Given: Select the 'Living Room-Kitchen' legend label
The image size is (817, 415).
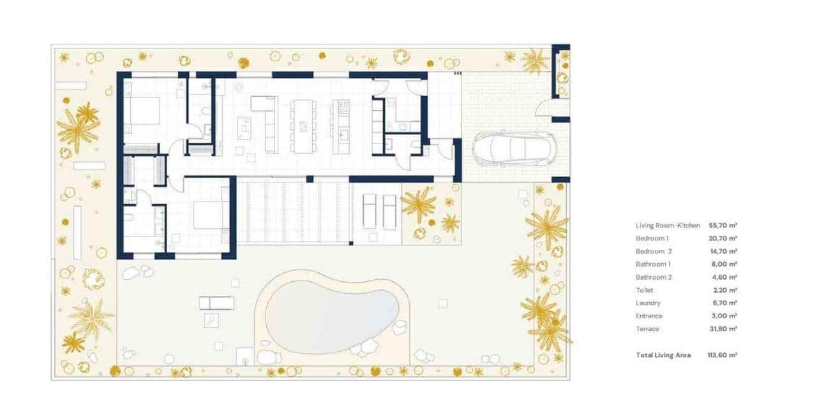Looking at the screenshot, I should click(668, 226).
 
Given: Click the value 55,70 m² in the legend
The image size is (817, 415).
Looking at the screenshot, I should click(723, 226).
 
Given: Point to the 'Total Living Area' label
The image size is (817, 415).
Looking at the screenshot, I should click(663, 355).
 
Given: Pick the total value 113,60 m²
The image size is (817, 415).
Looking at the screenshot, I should click(723, 355).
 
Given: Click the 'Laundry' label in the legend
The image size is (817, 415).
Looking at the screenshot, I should click(648, 303).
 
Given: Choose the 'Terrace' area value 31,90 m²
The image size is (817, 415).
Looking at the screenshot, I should click(723, 329).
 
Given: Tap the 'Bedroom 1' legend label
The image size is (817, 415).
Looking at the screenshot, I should click(652, 238).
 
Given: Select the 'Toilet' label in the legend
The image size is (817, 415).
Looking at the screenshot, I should click(645, 290).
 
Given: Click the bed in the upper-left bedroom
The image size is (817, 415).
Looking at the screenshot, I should click(141, 111).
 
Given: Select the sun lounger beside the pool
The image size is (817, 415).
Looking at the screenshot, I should click(216, 303).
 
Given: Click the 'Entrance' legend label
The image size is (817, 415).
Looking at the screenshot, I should click(649, 316).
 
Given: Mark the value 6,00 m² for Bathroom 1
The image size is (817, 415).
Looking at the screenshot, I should click(723, 265).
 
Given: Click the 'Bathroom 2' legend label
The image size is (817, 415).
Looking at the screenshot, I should click(654, 277).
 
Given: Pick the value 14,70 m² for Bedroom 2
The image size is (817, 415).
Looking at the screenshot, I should click(723, 252).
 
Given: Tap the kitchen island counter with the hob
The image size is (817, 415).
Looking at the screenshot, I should click(342, 120).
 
